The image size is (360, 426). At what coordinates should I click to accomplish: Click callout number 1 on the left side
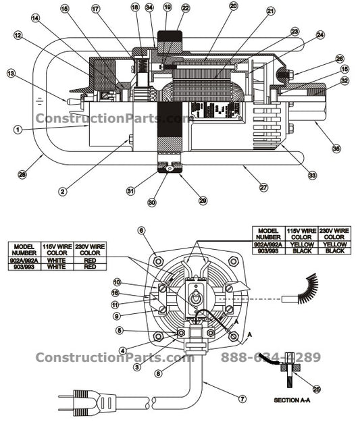[18, 129]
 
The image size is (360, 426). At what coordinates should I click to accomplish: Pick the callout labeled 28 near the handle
[22, 175]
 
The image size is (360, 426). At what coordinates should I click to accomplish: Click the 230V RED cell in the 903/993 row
[89, 267]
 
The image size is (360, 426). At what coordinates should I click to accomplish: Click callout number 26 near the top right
[340, 59]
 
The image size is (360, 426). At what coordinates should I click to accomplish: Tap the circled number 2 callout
[61, 192]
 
